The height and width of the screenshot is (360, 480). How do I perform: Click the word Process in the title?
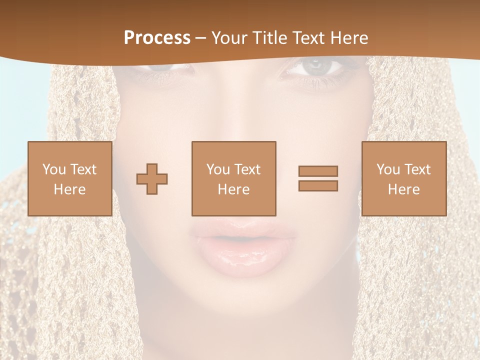[x=157, y=38]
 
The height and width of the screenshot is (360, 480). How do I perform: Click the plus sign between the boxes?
[x=152, y=179]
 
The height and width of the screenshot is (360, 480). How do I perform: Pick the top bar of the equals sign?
[x=318, y=171]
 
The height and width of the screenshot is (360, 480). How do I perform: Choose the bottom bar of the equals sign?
[x=318, y=185]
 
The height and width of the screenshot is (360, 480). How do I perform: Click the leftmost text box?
[x=69, y=178]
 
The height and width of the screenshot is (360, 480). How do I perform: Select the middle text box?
[x=233, y=178]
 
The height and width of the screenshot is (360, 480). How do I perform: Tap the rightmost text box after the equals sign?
[x=403, y=178]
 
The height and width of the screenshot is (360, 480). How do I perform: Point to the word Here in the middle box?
[x=233, y=189]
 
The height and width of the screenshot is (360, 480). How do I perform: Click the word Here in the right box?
[x=403, y=189]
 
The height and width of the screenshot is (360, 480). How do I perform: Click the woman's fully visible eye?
[x=314, y=67]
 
